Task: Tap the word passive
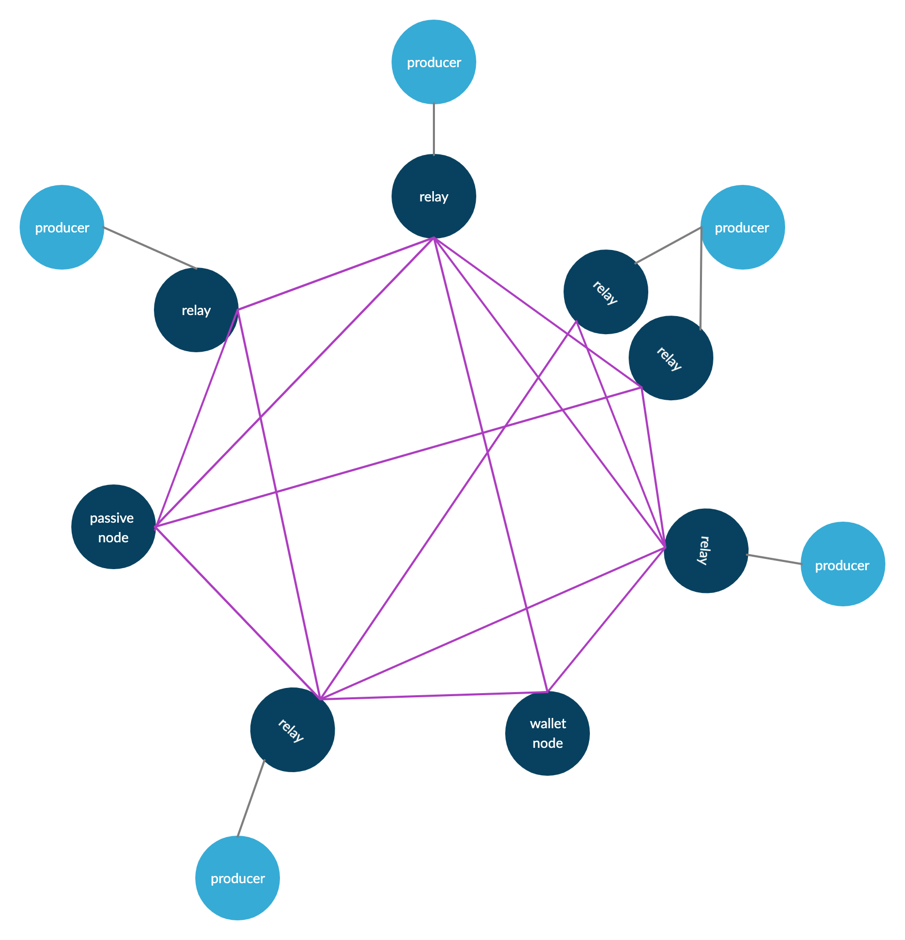(112, 518)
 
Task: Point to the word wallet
(548, 724)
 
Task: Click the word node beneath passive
(113, 538)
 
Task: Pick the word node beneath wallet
(548, 743)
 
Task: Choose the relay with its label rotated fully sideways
(706, 551)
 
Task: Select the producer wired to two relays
(742, 227)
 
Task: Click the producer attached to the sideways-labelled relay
(842, 564)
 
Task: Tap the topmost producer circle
(434, 62)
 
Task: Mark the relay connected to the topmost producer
(434, 196)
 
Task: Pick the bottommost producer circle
(238, 878)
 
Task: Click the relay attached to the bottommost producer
(292, 730)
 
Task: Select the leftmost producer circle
(62, 227)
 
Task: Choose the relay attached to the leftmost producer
(196, 310)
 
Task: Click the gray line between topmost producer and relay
(434, 129)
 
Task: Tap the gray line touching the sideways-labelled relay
(774, 559)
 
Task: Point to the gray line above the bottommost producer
(251, 798)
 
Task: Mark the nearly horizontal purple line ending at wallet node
(434, 695)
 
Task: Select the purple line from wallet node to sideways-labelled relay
(606, 620)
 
